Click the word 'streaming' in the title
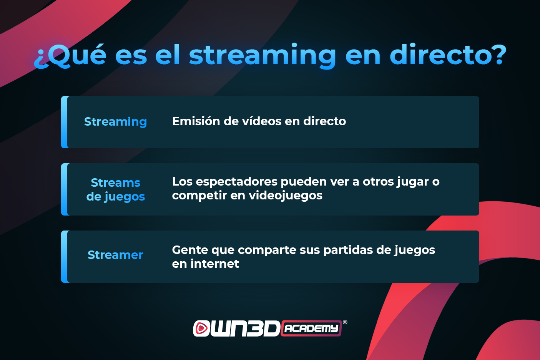coord(262,56)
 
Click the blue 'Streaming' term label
coord(115,122)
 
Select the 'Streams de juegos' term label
coord(116,190)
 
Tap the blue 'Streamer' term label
coord(115,255)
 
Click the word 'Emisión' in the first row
coord(196,121)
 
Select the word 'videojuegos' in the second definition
coord(286,196)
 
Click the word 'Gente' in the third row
coord(190,250)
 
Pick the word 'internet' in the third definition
coord(215,264)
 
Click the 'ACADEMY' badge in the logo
coord(311,328)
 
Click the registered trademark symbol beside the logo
coord(345,322)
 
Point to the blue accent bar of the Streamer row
coord(65,257)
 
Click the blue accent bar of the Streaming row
coord(65,122)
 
